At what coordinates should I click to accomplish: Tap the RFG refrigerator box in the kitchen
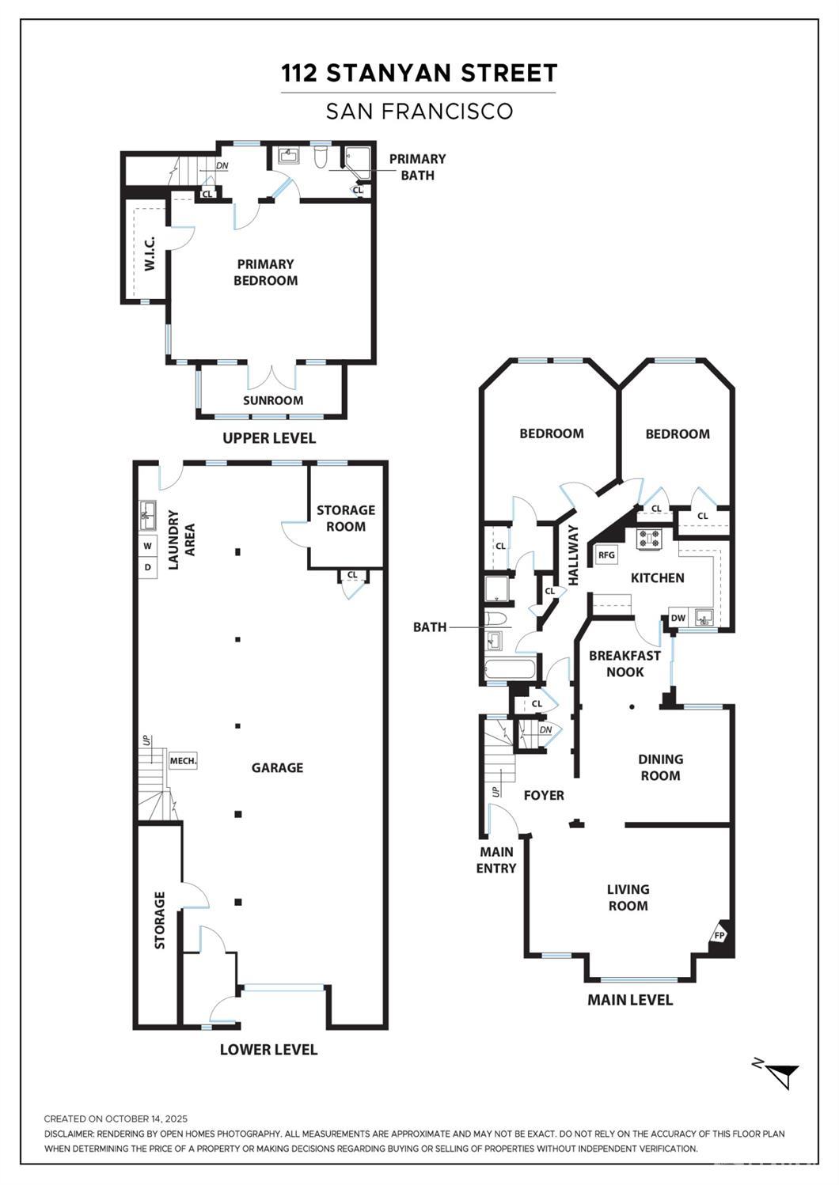tap(606, 555)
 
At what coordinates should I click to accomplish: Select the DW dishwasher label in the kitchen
tap(678, 618)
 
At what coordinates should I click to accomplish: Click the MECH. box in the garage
tap(183, 761)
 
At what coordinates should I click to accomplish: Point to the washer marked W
tap(148, 546)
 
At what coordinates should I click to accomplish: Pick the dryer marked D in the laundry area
tap(148, 567)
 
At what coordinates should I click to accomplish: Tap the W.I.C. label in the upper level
tap(150, 254)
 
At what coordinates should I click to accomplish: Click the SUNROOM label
tap(273, 400)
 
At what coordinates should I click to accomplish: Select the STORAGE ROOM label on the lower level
tap(346, 518)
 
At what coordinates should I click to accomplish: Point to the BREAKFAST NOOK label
tap(625, 664)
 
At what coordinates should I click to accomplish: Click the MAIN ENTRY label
tap(496, 860)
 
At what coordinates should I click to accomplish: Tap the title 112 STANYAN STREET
tap(419, 73)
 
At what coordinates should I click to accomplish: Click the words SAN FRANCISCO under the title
tap(419, 111)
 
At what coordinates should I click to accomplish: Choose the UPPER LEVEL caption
tap(269, 438)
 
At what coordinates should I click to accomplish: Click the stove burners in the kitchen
tap(648, 539)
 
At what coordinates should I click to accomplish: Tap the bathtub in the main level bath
tap(511, 669)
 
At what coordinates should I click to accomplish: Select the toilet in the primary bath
tap(321, 158)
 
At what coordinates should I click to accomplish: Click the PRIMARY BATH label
tap(417, 167)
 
